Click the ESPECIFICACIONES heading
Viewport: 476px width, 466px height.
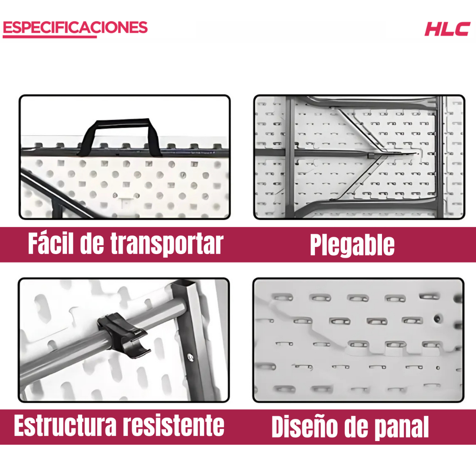click(75, 27)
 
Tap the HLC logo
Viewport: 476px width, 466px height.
click(447, 29)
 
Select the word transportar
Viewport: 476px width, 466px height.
click(167, 244)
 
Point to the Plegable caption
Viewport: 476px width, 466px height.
click(352, 245)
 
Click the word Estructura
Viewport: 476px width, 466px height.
click(65, 426)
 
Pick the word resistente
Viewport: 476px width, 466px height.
click(173, 426)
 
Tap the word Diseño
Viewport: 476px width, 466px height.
click(304, 427)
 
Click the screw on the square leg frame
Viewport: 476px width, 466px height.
click(191, 357)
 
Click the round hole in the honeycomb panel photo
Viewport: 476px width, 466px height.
click(438, 318)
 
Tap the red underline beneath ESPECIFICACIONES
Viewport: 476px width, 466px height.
click(50, 37)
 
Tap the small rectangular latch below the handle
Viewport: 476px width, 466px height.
click(125, 201)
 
